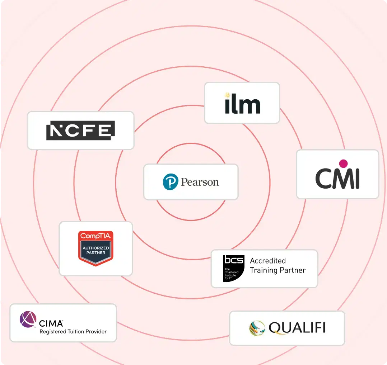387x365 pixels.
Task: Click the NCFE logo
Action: click(80, 131)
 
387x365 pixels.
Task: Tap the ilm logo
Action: click(243, 104)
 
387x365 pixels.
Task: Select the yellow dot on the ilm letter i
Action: click(227, 95)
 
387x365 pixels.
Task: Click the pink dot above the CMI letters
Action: click(343, 163)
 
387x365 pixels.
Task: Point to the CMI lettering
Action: click(337, 179)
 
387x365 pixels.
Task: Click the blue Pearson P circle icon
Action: click(171, 182)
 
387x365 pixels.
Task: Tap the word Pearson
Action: click(200, 182)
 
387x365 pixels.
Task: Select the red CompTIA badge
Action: click(96, 248)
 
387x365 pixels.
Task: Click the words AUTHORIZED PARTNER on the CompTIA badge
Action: click(96, 250)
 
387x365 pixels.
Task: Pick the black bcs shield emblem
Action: click(233, 269)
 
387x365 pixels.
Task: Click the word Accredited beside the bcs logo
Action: click(268, 261)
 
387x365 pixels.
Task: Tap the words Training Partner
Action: click(278, 270)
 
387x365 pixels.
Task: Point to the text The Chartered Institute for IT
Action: click(232, 274)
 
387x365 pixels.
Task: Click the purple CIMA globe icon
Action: click(28, 319)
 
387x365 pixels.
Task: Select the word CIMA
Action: click(51, 323)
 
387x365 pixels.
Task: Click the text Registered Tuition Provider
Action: click(73, 332)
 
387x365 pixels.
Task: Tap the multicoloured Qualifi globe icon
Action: click(257, 328)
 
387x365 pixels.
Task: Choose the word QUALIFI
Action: click(297, 328)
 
